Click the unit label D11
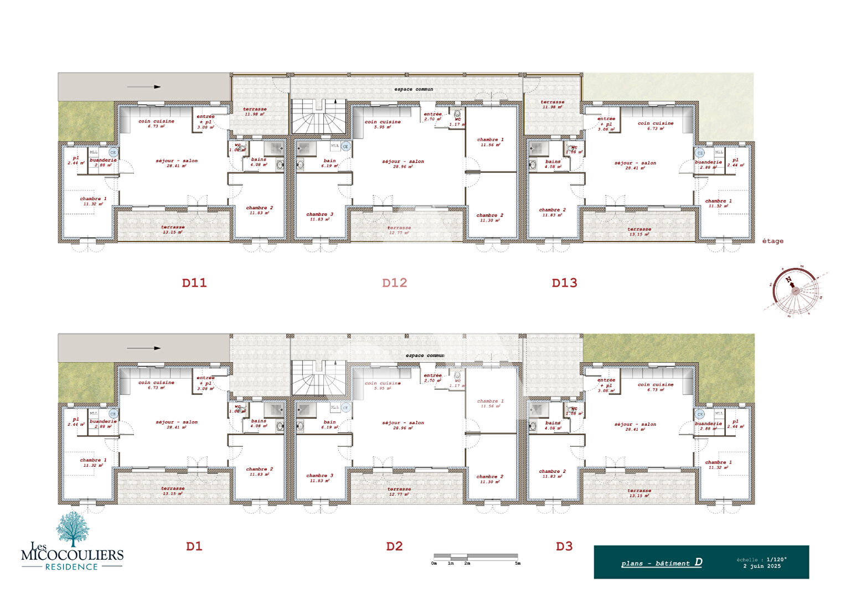[194, 283]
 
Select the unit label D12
[395, 283]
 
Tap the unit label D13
[564, 283]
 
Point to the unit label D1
[194, 547]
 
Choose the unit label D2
[394, 547]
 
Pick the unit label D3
[564, 547]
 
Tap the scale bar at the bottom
[476, 556]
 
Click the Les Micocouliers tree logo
[73, 529]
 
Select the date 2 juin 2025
[762, 566]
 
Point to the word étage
[772, 241]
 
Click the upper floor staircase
[318, 117]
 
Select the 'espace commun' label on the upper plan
[414, 89]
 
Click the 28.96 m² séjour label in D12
[403, 164]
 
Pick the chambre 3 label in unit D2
[320, 478]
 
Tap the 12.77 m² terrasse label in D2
[399, 491]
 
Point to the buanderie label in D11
[103, 162]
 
